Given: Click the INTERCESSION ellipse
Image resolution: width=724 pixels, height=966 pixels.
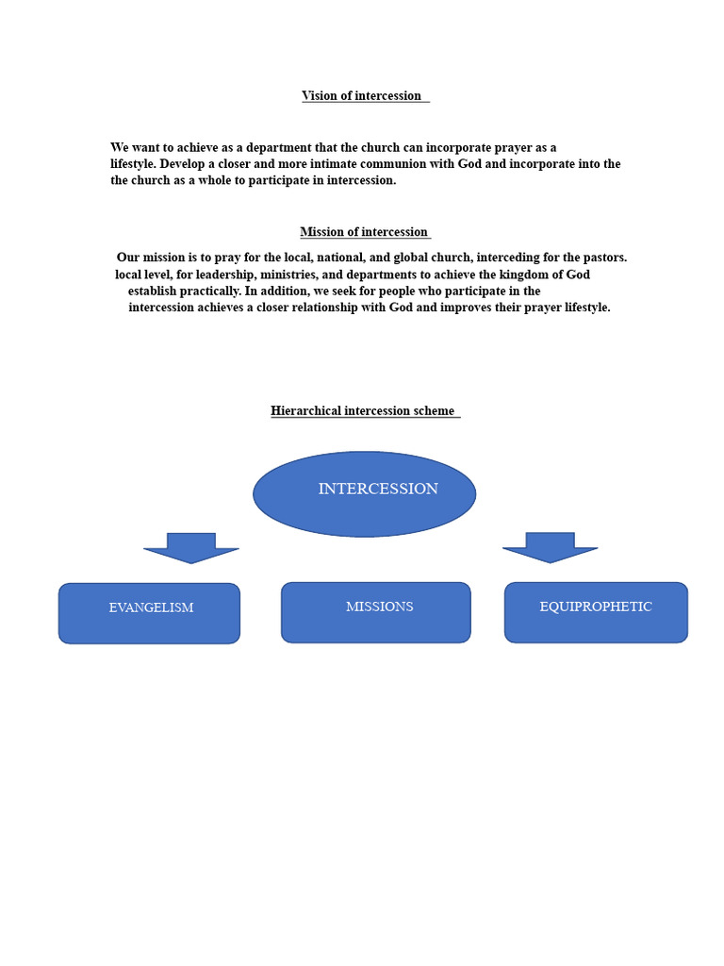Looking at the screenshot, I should click(x=365, y=493).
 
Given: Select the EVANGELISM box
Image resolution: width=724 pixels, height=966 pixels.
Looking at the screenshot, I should click(x=149, y=613).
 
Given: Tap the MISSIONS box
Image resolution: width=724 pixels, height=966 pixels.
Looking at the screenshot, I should click(x=375, y=612).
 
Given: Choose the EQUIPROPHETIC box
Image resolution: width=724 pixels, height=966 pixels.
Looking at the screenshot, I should click(x=596, y=612).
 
